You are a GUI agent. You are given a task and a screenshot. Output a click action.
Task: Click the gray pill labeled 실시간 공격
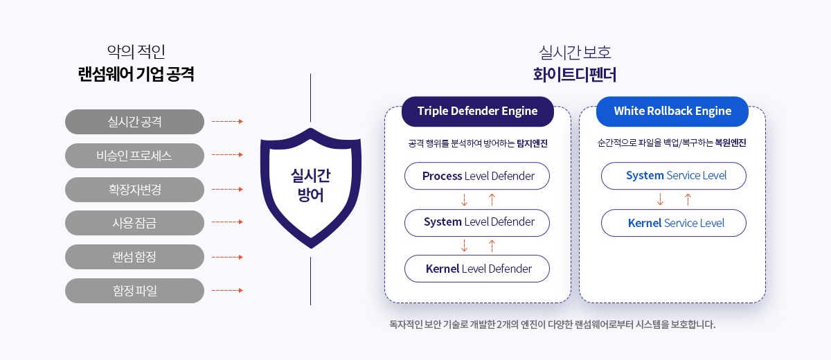134,122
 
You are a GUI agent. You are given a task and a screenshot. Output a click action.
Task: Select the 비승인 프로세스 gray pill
134,155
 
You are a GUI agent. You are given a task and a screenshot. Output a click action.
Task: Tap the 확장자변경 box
134,190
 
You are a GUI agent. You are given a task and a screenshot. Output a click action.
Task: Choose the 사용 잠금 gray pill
134,223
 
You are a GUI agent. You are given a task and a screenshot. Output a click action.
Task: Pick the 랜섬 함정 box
134,257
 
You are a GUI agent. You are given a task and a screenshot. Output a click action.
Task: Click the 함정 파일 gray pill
134,291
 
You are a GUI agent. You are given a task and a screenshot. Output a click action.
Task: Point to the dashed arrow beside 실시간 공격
227,121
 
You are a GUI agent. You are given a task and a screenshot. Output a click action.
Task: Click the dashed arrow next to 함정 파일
227,290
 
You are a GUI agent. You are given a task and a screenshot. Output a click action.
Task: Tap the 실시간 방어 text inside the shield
310,185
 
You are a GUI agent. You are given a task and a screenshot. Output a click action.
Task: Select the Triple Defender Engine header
477,111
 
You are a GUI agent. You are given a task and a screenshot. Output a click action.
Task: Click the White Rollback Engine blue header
672,111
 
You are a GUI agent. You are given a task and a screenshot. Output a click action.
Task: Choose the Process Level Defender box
477,176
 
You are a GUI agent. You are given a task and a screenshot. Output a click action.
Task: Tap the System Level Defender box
477,222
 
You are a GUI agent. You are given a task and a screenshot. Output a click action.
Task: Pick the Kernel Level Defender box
477,269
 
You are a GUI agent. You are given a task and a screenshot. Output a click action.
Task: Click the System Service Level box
674,176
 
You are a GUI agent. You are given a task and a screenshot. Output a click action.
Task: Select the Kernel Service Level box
674,223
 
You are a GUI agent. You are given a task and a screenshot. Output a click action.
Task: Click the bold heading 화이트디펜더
575,75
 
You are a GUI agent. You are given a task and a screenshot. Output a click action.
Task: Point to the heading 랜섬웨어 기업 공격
136,74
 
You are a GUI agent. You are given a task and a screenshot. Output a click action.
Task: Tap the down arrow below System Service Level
660,199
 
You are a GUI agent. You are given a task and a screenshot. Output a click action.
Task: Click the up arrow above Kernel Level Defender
492,246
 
